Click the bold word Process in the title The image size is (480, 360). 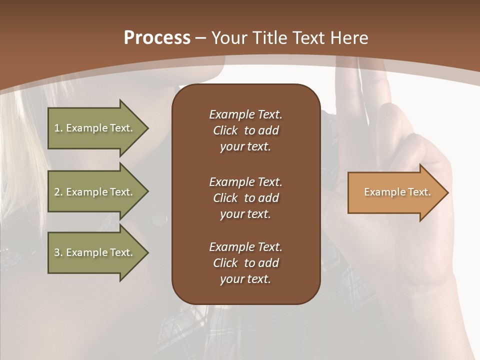point(157,38)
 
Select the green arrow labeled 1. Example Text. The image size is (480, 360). point(95,128)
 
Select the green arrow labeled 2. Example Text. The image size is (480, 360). point(95,192)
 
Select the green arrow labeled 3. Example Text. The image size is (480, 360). point(95,252)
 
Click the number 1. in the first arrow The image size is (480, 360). point(58,128)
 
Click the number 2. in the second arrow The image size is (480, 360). point(58,192)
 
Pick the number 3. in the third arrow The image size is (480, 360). point(58,252)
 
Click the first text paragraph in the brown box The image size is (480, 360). point(245,130)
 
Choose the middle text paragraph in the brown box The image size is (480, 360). point(245,198)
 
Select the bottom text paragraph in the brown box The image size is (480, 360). point(245,263)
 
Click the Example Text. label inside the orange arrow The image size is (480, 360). point(397,192)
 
